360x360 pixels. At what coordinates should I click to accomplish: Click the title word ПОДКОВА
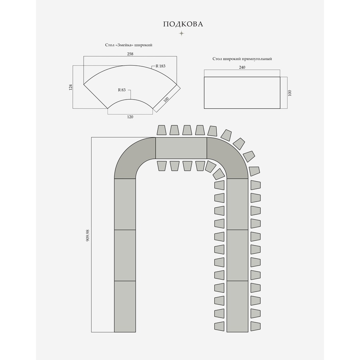183,24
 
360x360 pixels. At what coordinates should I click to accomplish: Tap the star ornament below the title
181,33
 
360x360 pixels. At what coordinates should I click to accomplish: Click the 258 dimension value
130,54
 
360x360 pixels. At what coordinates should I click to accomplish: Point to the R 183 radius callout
160,66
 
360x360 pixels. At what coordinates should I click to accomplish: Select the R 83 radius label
122,90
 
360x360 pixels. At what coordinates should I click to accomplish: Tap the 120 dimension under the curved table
130,117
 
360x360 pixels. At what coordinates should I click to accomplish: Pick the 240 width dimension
242,67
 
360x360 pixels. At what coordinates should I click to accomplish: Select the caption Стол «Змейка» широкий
126,45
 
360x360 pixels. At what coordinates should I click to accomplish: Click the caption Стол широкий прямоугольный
242,59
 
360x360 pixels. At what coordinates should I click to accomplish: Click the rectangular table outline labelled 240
242,92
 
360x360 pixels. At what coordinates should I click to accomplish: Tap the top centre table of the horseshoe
181,148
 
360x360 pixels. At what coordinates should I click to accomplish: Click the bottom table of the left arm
125,306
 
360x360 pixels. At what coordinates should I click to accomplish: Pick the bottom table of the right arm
237,306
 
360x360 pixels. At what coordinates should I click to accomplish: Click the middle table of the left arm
125,256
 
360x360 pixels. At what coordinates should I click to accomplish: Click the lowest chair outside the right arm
256,326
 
